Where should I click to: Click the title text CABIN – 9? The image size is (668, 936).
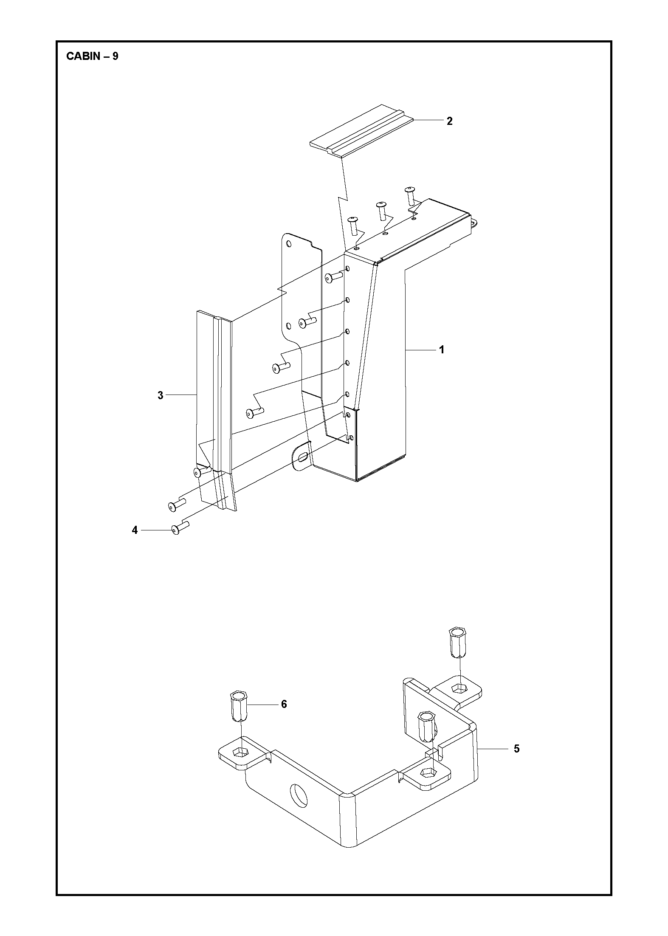coord(92,56)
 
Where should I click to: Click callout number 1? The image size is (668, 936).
coord(442,350)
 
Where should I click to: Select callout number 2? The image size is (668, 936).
coord(450,121)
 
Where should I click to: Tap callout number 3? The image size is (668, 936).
coord(160,395)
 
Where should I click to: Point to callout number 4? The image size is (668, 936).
coord(135,530)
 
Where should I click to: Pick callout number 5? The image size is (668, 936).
coord(516,761)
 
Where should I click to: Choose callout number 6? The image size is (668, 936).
coord(284,704)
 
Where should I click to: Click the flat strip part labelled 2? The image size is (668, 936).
coord(361,131)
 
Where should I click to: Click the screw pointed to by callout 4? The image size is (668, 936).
coord(180,528)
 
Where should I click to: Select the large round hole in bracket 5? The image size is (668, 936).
coord(298,795)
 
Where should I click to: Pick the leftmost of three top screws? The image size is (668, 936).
coord(353,226)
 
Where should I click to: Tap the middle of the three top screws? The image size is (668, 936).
coord(381,211)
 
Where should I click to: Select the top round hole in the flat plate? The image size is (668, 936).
coord(289,244)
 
